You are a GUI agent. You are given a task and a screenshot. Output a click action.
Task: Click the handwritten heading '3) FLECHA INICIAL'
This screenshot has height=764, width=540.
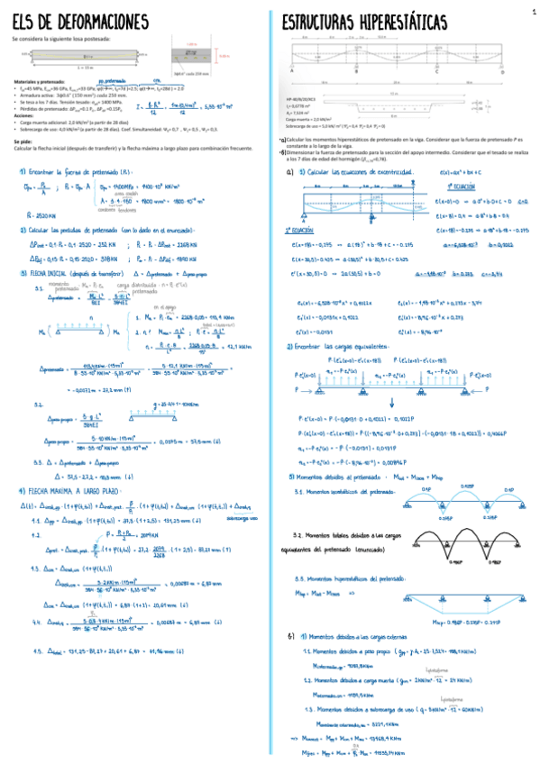63,271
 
